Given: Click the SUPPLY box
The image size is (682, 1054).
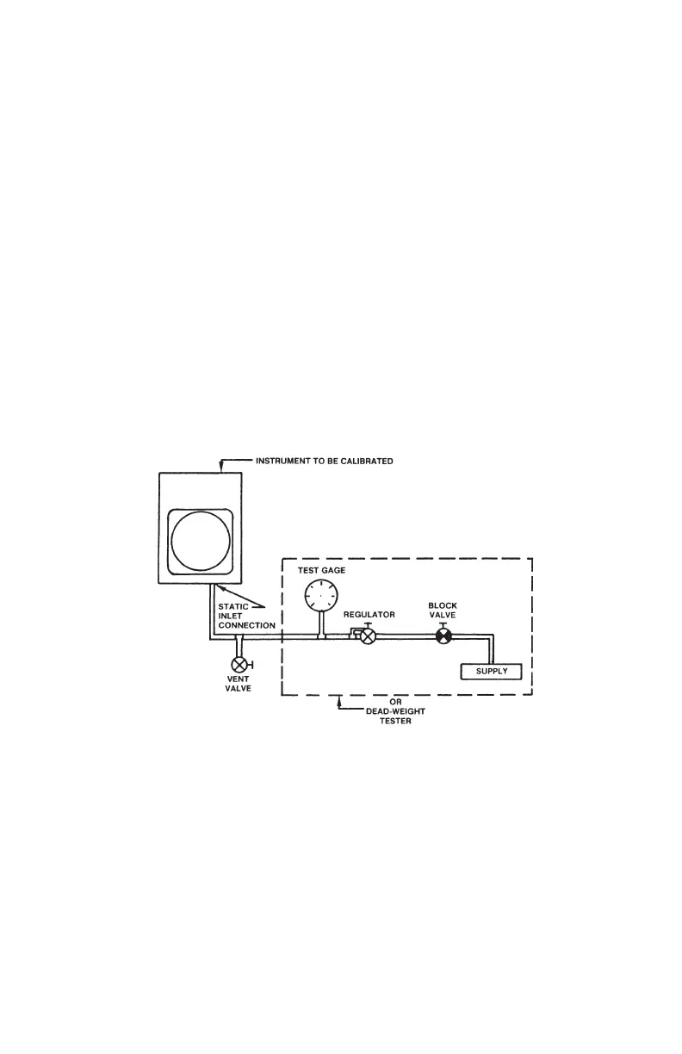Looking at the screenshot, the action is point(492,672).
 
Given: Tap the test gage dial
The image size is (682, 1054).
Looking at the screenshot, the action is point(322,594).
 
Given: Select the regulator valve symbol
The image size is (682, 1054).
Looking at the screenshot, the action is point(368,637).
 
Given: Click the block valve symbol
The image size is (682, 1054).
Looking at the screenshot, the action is point(443,637).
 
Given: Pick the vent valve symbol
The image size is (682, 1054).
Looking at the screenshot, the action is point(239,665).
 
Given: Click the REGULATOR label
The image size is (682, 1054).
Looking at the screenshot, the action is point(369,615).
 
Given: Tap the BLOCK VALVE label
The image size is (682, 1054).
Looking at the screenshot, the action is point(443,611).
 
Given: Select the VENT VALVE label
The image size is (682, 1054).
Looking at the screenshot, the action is point(239,684).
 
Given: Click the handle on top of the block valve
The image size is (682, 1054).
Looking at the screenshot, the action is point(443,624).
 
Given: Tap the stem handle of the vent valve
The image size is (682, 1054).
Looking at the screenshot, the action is point(251,665).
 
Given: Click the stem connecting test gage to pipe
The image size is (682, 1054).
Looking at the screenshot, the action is point(322,623).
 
